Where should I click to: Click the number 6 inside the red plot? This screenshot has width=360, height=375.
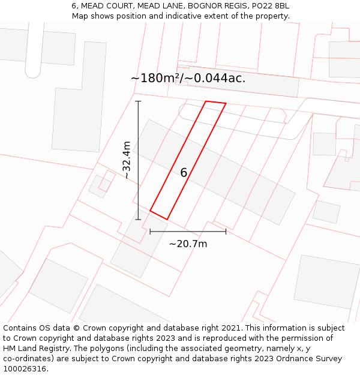pyautogui.click(x=184, y=173)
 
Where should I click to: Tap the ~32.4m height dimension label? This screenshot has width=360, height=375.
pyautogui.click(x=127, y=160)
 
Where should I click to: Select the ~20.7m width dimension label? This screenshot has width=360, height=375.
pyautogui.click(x=188, y=244)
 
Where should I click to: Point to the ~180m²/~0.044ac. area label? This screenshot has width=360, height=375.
pyautogui.click(x=188, y=78)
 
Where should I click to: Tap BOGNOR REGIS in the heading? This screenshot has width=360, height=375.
pyautogui.click(x=215, y=6)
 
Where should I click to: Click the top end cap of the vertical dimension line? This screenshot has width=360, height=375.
pyautogui.click(x=138, y=101)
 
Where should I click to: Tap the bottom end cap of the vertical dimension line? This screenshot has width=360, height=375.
pyautogui.click(x=138, y=220)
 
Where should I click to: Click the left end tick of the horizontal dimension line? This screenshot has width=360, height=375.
pyautogui.click(x=150, y=231)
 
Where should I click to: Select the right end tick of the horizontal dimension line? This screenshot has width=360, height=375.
pyautogui.click(x=226, y=231)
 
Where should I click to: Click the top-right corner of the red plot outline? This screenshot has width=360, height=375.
pyautogui.click(x=226, y=104)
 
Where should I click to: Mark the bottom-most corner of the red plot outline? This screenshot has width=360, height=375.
pyautogui.click(x=167, y=219)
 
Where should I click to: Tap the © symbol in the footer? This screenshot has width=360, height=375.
pyautogui.click(x=76, y=328)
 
